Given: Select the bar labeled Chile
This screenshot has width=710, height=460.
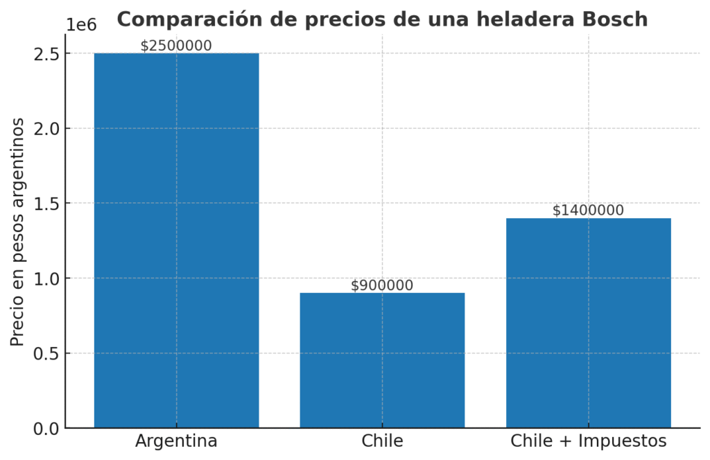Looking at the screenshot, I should [x=382, y=360].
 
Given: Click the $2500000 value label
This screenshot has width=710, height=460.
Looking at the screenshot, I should [x=176, y=46].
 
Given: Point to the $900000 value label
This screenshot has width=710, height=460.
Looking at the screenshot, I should [x=382, y=285].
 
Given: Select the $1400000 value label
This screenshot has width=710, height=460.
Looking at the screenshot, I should [x=588, y=211].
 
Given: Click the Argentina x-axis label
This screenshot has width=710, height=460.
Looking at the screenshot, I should [x=176, y=441].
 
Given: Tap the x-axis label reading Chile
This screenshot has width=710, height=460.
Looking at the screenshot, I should [x=382, y=441].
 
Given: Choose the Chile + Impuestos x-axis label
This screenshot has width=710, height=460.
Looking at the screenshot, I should [x=588, y=441].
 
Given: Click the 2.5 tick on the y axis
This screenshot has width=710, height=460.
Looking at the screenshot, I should [x=46, y=54].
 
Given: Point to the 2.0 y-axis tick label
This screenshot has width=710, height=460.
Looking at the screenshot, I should [x=46, y=129].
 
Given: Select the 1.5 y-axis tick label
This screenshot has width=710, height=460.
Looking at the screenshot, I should [x=46, y=204].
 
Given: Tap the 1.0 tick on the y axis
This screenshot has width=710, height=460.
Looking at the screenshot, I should [x=46, y=278].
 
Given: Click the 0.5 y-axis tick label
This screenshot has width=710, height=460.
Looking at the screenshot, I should [x=46, y=353].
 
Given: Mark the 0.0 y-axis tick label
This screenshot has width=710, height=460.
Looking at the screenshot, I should [x=46, y=429].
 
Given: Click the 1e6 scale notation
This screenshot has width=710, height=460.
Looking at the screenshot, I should [x=80, y=25].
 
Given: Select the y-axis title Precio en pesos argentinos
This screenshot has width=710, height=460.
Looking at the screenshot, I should [x=19, y=232].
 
